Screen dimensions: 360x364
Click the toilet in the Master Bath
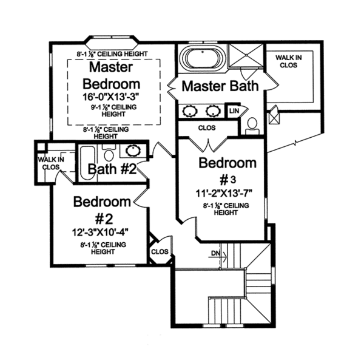coord(252,126)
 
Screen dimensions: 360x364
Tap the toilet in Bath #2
coord(109,154)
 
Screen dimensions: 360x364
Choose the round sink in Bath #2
coord(132,152)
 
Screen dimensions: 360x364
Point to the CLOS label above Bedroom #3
coord(207,129)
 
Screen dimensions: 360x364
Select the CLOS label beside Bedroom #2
coord(159,251)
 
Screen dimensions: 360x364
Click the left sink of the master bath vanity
coord(189,111)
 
